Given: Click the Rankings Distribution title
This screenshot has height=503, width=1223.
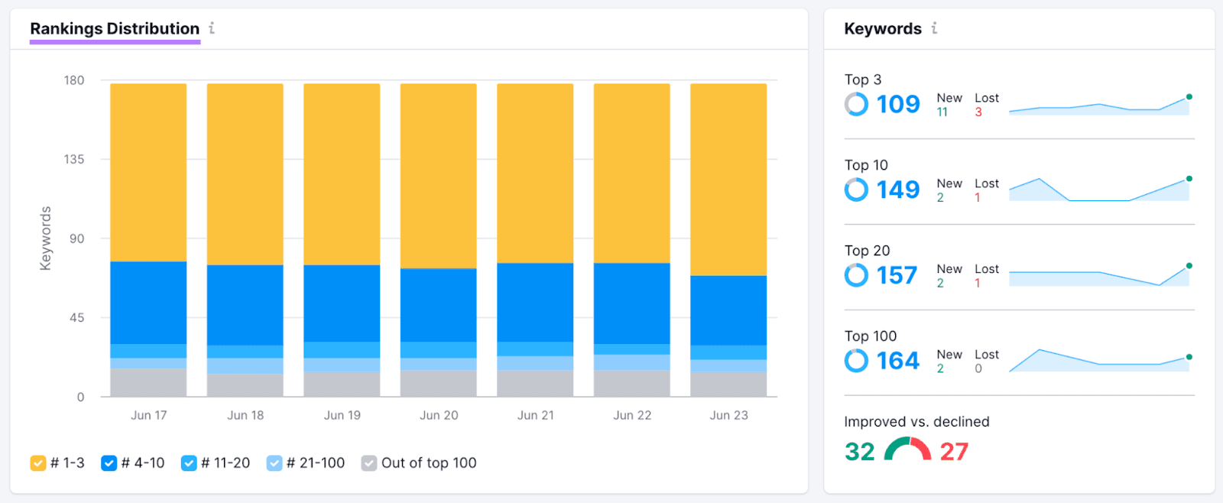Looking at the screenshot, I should coord(115,29).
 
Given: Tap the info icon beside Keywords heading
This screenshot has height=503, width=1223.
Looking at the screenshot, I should coord(934,28).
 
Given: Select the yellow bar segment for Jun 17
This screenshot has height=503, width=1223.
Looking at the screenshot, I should coord(148,172).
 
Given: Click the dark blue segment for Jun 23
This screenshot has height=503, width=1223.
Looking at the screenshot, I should coord(728,310).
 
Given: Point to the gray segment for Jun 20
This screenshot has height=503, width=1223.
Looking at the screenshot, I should coord(439,383).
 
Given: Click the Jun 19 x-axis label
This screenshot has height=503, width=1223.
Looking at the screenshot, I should coord(342,415).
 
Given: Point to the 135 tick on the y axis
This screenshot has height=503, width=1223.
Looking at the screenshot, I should coord(74,159).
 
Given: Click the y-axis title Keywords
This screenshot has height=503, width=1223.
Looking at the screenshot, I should coord(46,238).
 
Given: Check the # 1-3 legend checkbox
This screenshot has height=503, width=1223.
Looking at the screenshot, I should coord(37,463).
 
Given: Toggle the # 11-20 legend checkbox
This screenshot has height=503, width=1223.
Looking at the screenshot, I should coord(189,463).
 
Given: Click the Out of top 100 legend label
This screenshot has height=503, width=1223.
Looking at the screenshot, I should coord(428,463).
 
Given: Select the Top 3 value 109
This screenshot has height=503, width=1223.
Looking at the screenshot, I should coord(897,104).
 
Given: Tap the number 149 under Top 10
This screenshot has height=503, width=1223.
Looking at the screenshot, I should coord(897,190).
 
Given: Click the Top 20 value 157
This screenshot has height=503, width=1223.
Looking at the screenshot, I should coord(896,275).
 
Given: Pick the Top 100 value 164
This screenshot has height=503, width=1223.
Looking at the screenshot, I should coord(897,361).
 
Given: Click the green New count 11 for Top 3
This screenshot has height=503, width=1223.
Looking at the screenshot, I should coord(942,112).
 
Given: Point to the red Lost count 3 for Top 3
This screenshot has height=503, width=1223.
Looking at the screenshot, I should coord(978,112).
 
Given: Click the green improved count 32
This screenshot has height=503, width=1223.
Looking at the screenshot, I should coord(859,452).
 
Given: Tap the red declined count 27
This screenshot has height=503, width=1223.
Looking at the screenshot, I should coord(953,452).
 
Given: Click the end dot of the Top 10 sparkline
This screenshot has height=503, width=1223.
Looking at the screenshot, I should coord(1189,179).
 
